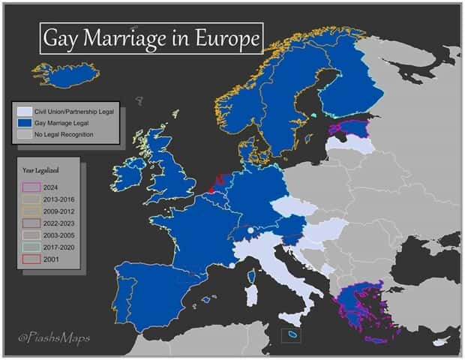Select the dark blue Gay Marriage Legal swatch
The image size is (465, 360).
point(22,122)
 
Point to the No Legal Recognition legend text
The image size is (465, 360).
point(63,133)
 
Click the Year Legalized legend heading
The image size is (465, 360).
point(40,170)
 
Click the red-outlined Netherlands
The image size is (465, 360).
point(217,182)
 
